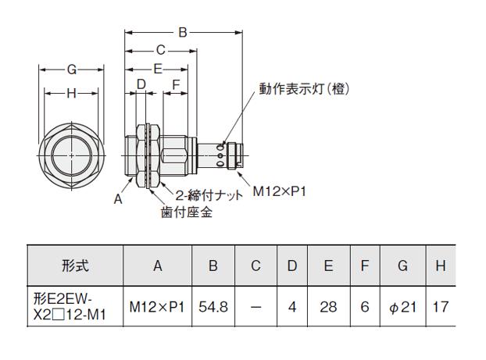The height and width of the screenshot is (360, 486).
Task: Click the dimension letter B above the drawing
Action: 182,33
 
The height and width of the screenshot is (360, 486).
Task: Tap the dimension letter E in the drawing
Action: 157,69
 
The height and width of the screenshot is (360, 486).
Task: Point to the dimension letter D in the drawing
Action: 141,84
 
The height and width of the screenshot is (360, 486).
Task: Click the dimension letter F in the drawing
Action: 176,84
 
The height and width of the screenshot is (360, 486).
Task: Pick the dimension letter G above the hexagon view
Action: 71,70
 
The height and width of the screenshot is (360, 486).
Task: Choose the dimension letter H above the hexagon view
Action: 71,94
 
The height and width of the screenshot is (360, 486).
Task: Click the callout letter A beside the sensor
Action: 118,199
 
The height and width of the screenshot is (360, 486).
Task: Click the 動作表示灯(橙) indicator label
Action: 305,89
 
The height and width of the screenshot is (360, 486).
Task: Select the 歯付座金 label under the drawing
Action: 187,212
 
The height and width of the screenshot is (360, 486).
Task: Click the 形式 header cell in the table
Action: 75,266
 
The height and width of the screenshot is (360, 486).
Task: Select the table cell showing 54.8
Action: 213,307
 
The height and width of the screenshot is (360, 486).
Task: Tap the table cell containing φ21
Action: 402,307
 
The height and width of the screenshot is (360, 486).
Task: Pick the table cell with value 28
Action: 328,307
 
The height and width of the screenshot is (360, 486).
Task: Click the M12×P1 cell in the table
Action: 157,307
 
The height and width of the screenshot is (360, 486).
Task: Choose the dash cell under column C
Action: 256,307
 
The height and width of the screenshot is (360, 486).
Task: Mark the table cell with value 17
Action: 441,307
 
